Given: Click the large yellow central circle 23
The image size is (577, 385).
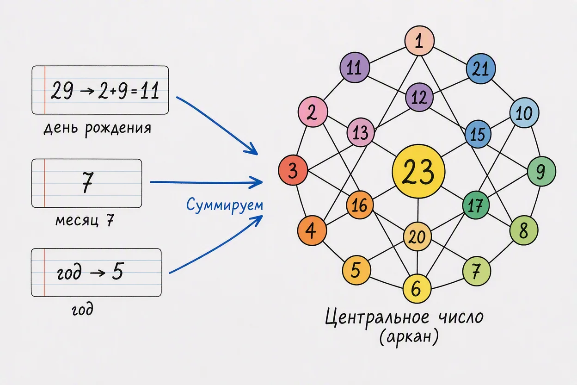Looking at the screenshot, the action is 418,171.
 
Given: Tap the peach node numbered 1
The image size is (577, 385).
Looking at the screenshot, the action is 419,41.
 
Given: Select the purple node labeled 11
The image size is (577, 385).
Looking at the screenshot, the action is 355,68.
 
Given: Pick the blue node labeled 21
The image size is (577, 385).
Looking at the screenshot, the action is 481,69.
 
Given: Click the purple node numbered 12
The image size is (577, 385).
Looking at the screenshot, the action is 419,97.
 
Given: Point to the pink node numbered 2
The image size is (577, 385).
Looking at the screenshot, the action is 313,112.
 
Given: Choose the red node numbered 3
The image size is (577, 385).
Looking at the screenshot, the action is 293,170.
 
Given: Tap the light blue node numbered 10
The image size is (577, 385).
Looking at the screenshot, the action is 524,113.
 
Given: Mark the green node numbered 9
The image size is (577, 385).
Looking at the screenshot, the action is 541,171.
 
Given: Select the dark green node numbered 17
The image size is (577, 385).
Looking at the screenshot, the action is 475,205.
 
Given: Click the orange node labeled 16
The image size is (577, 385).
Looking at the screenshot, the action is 360,205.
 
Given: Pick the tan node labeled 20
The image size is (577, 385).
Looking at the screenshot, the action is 417,236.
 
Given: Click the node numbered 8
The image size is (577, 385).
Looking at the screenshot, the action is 524,230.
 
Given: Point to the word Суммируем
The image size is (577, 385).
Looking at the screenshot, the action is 224,205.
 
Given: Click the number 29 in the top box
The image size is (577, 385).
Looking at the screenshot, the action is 62,90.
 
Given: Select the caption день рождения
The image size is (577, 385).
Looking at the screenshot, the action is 98,128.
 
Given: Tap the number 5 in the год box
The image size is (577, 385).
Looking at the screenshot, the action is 118,271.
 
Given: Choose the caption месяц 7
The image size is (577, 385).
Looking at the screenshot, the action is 85,221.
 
